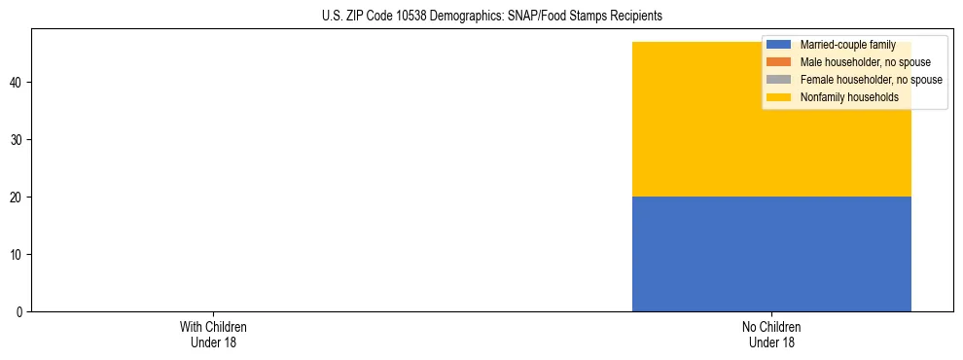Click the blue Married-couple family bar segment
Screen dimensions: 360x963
click(771, 254)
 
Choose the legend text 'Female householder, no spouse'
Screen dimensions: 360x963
click(871, 80)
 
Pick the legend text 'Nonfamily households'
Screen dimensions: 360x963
click(848, 97)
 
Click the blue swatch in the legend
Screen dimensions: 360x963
click(779, 45)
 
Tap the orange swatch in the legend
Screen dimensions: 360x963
click(779, 62)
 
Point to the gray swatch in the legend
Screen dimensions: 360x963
click(779, 80)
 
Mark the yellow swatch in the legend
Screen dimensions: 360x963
click(779, 97)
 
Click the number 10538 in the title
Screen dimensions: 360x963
click(401, 17)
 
